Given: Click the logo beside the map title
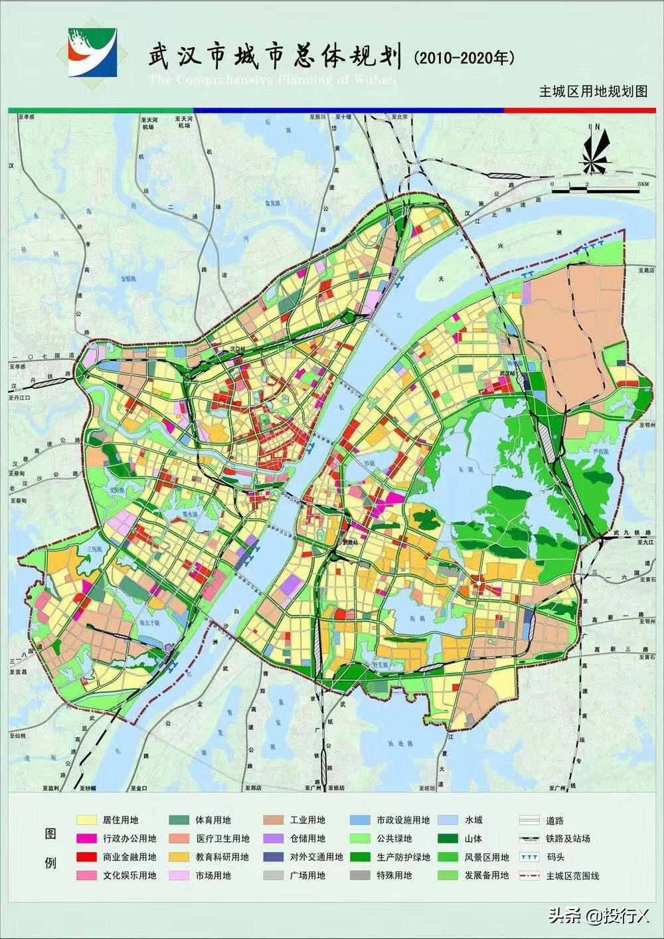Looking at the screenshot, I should point(93,52).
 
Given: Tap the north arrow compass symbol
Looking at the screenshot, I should point(596,150).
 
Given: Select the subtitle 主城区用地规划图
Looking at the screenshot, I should point(592,92).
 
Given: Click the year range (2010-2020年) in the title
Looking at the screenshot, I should point(464,58).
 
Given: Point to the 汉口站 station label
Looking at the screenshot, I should point(237,348).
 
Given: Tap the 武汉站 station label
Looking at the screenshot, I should point(508,373).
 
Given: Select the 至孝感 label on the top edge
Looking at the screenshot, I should point(25,116).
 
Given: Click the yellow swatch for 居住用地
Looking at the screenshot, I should point(86,820).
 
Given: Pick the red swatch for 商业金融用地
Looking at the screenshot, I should point(86,857).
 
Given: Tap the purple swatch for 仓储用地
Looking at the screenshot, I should point(273,839).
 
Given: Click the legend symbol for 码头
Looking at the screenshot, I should point(529,857).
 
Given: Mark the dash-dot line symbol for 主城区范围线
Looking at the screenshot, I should point(529,875).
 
